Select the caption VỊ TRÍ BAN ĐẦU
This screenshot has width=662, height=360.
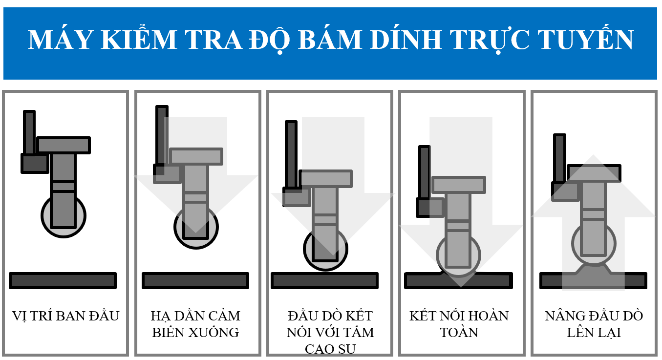65,316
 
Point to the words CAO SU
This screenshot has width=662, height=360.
330,349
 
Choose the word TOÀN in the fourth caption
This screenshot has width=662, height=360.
459,333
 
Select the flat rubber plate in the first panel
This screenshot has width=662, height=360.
63,280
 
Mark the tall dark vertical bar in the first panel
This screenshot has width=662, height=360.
29,132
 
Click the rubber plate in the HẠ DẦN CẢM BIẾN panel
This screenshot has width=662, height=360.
195,280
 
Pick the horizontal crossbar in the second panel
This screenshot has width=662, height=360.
196,156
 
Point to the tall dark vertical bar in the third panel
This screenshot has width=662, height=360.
291,154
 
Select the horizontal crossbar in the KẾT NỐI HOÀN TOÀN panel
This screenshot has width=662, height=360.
459,185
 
